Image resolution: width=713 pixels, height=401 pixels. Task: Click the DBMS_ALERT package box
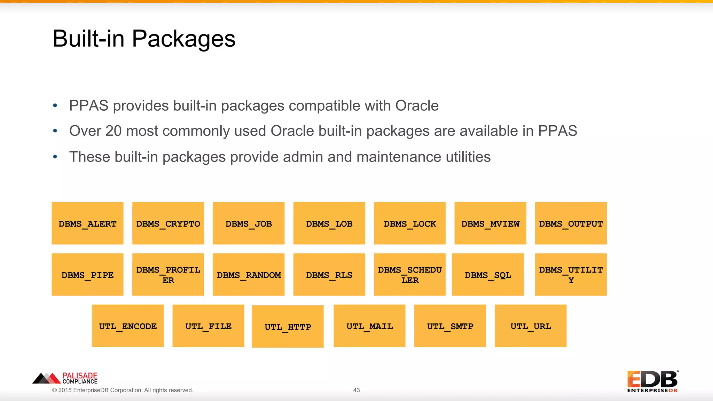tap(87, 223)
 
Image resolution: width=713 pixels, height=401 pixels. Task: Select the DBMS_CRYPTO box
tap(168, 223)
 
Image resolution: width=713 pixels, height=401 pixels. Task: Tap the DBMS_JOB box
tap(249, 223)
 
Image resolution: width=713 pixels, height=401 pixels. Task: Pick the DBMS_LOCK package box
tap(410, 223)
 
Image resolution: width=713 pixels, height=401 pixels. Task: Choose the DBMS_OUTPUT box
tap(571, 223)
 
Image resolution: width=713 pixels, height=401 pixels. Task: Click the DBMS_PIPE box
tap(87, 275)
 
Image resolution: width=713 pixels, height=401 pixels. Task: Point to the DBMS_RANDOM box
tap(249, 275)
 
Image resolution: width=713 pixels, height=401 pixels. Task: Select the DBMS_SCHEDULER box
tap(410, 275)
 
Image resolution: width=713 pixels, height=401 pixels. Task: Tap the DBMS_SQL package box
tap(488, 275)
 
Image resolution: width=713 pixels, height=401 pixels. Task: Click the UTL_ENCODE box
tap(128, 326)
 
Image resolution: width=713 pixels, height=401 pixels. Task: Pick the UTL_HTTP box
tap(288, 327)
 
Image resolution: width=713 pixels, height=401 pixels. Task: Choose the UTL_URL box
tap(531, 326)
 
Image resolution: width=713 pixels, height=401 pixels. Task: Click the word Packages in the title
tap(183, 39)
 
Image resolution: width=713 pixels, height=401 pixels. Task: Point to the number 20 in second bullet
tap(113, 131)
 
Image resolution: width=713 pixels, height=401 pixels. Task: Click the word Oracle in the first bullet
tap(417, 106)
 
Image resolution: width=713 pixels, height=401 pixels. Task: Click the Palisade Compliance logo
tap(65, 378)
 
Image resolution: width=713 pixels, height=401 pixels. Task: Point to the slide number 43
tap(356, 390)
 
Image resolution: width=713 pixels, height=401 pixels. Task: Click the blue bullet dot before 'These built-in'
tap(55, 157)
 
